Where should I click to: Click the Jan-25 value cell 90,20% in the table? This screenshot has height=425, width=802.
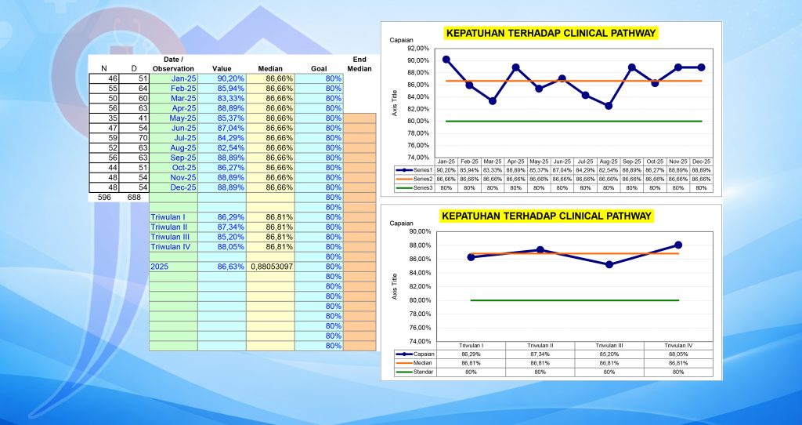point(228,78)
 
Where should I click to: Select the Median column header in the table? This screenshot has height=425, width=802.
point(270,69)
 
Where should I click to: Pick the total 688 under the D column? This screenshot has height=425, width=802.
point(133,198)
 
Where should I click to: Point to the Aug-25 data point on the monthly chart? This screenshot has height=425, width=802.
point(609,105)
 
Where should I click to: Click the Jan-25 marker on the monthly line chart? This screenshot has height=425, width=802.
point(446,60)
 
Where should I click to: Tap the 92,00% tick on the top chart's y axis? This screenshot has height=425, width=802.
point(418,49)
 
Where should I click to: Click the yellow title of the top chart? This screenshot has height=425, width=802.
point(550,34)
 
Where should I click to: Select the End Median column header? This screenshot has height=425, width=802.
point(359,64)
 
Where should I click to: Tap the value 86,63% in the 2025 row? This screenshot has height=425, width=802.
point(228,267)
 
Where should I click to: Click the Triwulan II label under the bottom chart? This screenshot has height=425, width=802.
point(540,346)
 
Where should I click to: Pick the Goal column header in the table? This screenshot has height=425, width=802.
point(318,69)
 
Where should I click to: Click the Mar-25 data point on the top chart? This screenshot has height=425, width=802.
point(493,100)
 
